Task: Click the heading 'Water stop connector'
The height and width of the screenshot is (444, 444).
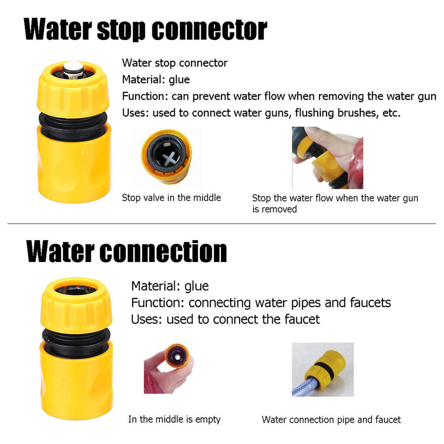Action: point(146,30)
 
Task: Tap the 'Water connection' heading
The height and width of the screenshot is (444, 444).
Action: point(127,252)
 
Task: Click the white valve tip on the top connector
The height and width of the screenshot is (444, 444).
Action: point(73,68)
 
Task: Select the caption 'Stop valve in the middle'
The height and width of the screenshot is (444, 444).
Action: point(171,198)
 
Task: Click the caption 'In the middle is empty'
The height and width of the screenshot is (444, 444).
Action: point(174,419)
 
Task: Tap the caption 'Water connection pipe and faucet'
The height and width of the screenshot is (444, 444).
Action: point(332,420)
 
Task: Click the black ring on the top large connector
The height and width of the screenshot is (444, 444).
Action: point(73,125)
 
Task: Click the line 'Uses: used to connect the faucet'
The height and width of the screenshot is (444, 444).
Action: point(225,319)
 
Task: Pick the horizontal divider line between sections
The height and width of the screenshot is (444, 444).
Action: point(222,223)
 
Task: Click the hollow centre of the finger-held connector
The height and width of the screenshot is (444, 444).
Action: point(177,357)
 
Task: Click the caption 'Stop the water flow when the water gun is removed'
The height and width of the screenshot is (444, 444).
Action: point(335,203)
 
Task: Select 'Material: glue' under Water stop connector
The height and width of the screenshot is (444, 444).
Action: point(156,79)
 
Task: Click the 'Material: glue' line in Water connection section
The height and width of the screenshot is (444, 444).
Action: point(170,286)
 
